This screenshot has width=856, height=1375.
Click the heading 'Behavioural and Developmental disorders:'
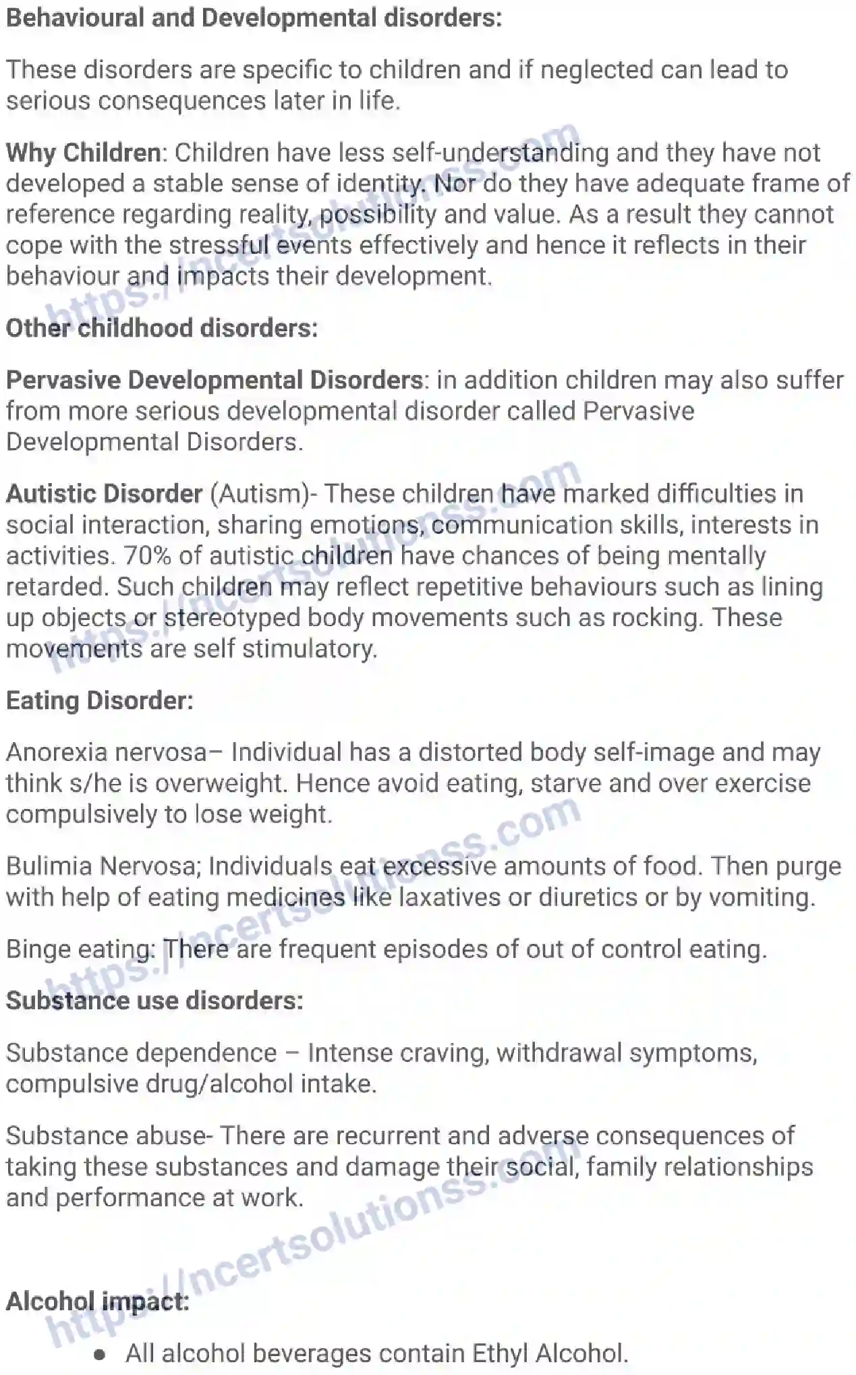click(x=254, y=18)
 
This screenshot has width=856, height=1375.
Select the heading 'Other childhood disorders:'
click(x=162, y=328)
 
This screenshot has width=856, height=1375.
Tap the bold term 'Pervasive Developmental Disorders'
click(x=215, y=380)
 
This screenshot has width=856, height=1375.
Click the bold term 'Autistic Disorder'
click(x=105, y=493)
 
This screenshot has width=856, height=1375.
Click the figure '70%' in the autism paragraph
click(x=140, y=556)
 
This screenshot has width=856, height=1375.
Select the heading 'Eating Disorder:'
click(x=100, y=700)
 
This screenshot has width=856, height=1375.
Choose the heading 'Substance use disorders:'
click(x=154, y=1001)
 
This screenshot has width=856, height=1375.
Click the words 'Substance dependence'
click(x=142, y=1053)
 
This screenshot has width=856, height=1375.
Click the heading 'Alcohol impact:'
click(x=98, y=1301)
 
